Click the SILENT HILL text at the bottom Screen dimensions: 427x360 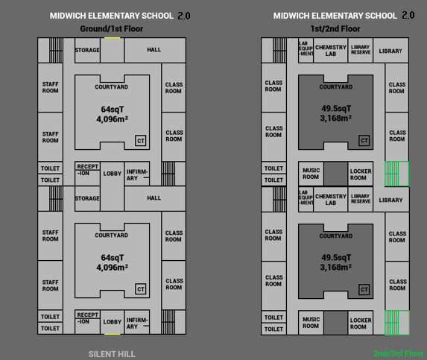tap(112, 354)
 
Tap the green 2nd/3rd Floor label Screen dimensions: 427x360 tap(398, 353)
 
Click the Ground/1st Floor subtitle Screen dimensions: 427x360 tap(111, 28)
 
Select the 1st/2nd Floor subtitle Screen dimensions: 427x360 tap(335, 28)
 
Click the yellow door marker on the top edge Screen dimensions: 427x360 tap(113, 38)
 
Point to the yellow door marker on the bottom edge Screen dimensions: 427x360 tap(113, 334)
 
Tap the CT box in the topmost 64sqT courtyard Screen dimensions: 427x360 tap(141, 141)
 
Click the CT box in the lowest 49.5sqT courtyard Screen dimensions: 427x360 tap(364, 290)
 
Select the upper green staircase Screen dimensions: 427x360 tap(396, 174)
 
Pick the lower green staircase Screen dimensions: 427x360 tap(396, 323)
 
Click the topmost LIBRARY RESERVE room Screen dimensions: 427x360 tap(361, 51)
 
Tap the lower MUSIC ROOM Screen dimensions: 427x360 tap(311, 323)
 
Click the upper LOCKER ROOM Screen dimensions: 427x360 tap(361, 174)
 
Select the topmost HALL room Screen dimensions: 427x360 tap(155, 50)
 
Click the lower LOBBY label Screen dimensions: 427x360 tap(113, 322)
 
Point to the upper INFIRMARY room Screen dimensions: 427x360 tap(137, 174)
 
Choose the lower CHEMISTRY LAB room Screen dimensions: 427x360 tap(331, 199)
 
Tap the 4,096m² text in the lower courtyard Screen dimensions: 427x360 tap(113, 268)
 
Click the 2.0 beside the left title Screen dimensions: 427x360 tap(184, 16)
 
